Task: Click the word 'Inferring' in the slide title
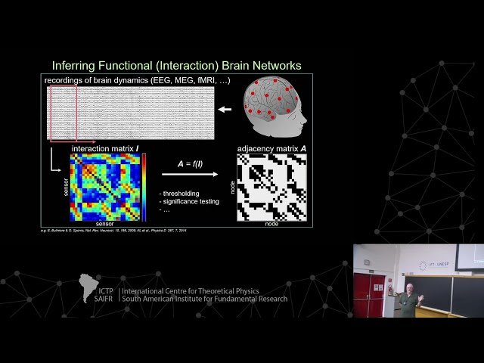point(74,66)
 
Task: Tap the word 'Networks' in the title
point(273,66)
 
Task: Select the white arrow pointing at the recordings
point(225,110)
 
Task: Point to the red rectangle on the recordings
point(63,113)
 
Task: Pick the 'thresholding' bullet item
point(181,193)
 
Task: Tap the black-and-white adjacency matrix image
point(271,187)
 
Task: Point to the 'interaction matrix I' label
point(105,149)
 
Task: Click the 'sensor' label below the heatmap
point(104,225)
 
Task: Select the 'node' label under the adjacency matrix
point(271,225)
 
